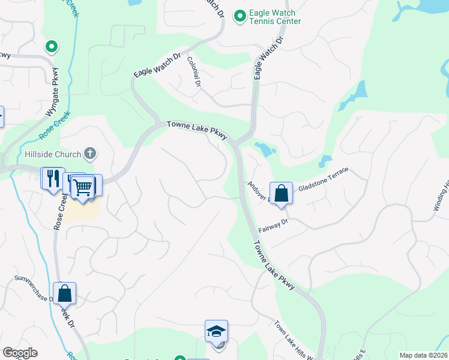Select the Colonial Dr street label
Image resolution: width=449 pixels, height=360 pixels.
click(193, 69)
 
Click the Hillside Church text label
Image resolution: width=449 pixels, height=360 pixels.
click(52, 154)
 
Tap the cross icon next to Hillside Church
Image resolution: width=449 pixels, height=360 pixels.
click(89, 154)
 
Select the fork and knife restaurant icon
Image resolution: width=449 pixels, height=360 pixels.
click(52, 178)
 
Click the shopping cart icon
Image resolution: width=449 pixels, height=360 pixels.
click(83, 187)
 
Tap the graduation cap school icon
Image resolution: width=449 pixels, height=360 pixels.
click(216, 331)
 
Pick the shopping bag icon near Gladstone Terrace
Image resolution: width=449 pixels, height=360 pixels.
click(281, 193)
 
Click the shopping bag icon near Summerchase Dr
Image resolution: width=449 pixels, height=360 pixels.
click(64, 293)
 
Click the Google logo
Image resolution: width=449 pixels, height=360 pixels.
click(20, 353)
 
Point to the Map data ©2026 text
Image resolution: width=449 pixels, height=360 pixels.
click(423, 355)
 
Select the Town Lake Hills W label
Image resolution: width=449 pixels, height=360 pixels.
click(294, 341)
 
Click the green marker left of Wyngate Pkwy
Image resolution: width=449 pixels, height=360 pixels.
click(52, 46)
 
